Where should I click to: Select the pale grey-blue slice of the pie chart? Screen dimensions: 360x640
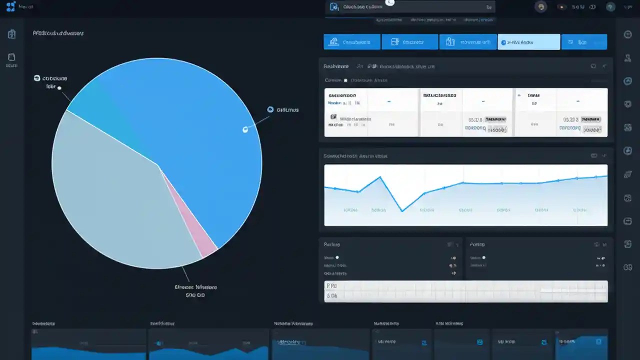(x=110, y=200)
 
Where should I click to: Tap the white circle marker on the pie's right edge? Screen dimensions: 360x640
(x=245, y=129)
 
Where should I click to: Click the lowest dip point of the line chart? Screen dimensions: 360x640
(x=402, y=210)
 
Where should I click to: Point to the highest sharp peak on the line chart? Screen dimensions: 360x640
(x=380, y=177)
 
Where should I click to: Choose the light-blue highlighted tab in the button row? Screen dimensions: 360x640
(x=528, y=42)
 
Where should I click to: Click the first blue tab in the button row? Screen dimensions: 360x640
(x=352, y=42)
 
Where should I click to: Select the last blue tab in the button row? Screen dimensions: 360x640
(x=584, y=42)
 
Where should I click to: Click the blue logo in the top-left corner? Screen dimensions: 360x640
(x=10, y=6)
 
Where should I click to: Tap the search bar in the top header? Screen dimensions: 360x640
(x=410, y=7)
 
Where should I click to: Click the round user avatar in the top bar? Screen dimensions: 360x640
(x=540, y=7)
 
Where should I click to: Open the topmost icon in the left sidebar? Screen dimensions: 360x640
(x=11, y=34)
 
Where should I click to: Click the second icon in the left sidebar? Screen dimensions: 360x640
(x=11, y=57)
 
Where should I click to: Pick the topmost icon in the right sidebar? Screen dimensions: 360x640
(x=628, y=34)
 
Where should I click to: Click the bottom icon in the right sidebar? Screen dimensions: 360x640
(x=628, y=267)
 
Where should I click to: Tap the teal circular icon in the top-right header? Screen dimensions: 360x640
(x=610, y=7)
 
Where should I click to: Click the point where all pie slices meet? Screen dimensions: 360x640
(x=158, y=165)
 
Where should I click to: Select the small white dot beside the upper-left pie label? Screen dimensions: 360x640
(x=59, y=88)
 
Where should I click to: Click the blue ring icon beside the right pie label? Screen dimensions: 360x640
(x=270, y=109)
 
